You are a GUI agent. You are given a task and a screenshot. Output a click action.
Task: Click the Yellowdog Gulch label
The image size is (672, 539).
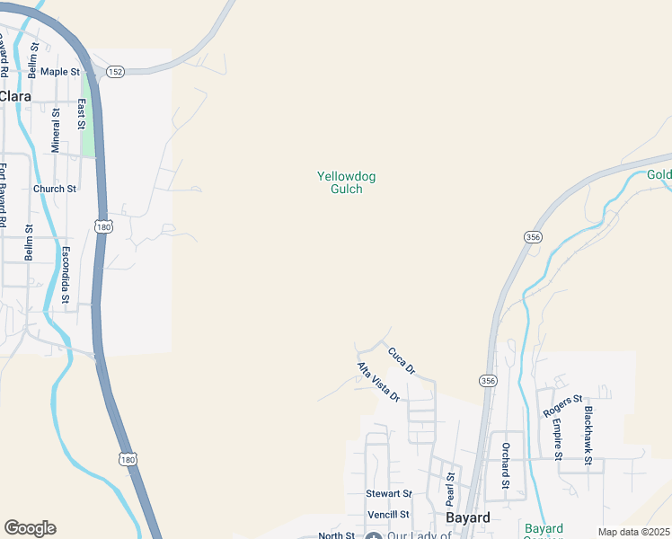pyautogui.click(x=346, y=182)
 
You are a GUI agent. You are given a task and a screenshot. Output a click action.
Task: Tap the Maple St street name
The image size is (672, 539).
pyautogui.click(x=61, y=71)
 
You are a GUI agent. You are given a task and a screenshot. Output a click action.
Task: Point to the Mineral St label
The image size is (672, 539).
pyautogui.click(x=56, y=131)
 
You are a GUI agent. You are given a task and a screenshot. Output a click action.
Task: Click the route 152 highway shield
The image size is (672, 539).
pyautogui.click(x=114, y=71)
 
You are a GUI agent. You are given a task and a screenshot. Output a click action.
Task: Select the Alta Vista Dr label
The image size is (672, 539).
pyautogui.click(x=377, y=382)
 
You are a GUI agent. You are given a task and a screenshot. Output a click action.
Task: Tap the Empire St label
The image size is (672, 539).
pyautogui.click(x=557, y=440)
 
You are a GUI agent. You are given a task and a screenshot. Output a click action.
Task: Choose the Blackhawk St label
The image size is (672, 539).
pyautogui.click(x=588, y=435)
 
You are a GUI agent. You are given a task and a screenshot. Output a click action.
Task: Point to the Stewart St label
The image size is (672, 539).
pyautogui.click(x=388, y=494)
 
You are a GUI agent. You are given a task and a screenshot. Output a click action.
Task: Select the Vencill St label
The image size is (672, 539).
pyautogui.click(x=388, y=515)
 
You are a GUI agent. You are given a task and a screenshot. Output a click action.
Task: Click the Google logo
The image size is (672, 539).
pyautogui.click(x=30, y=528)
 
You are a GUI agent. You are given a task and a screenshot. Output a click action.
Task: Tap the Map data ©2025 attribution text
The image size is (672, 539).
pyautogui.click(x=633, y=532)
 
